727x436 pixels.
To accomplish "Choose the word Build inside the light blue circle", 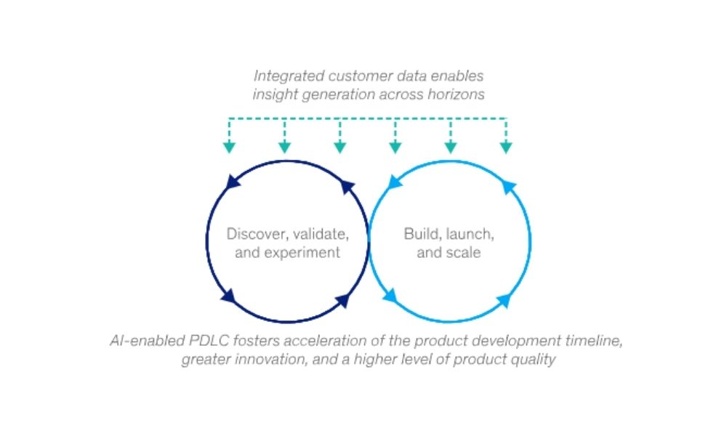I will point(419,234).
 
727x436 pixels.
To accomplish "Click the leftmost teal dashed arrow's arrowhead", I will point(229,148).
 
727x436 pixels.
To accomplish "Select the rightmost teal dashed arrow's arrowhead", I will point(506,148).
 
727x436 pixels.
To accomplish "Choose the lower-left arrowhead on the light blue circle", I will point(390,295).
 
